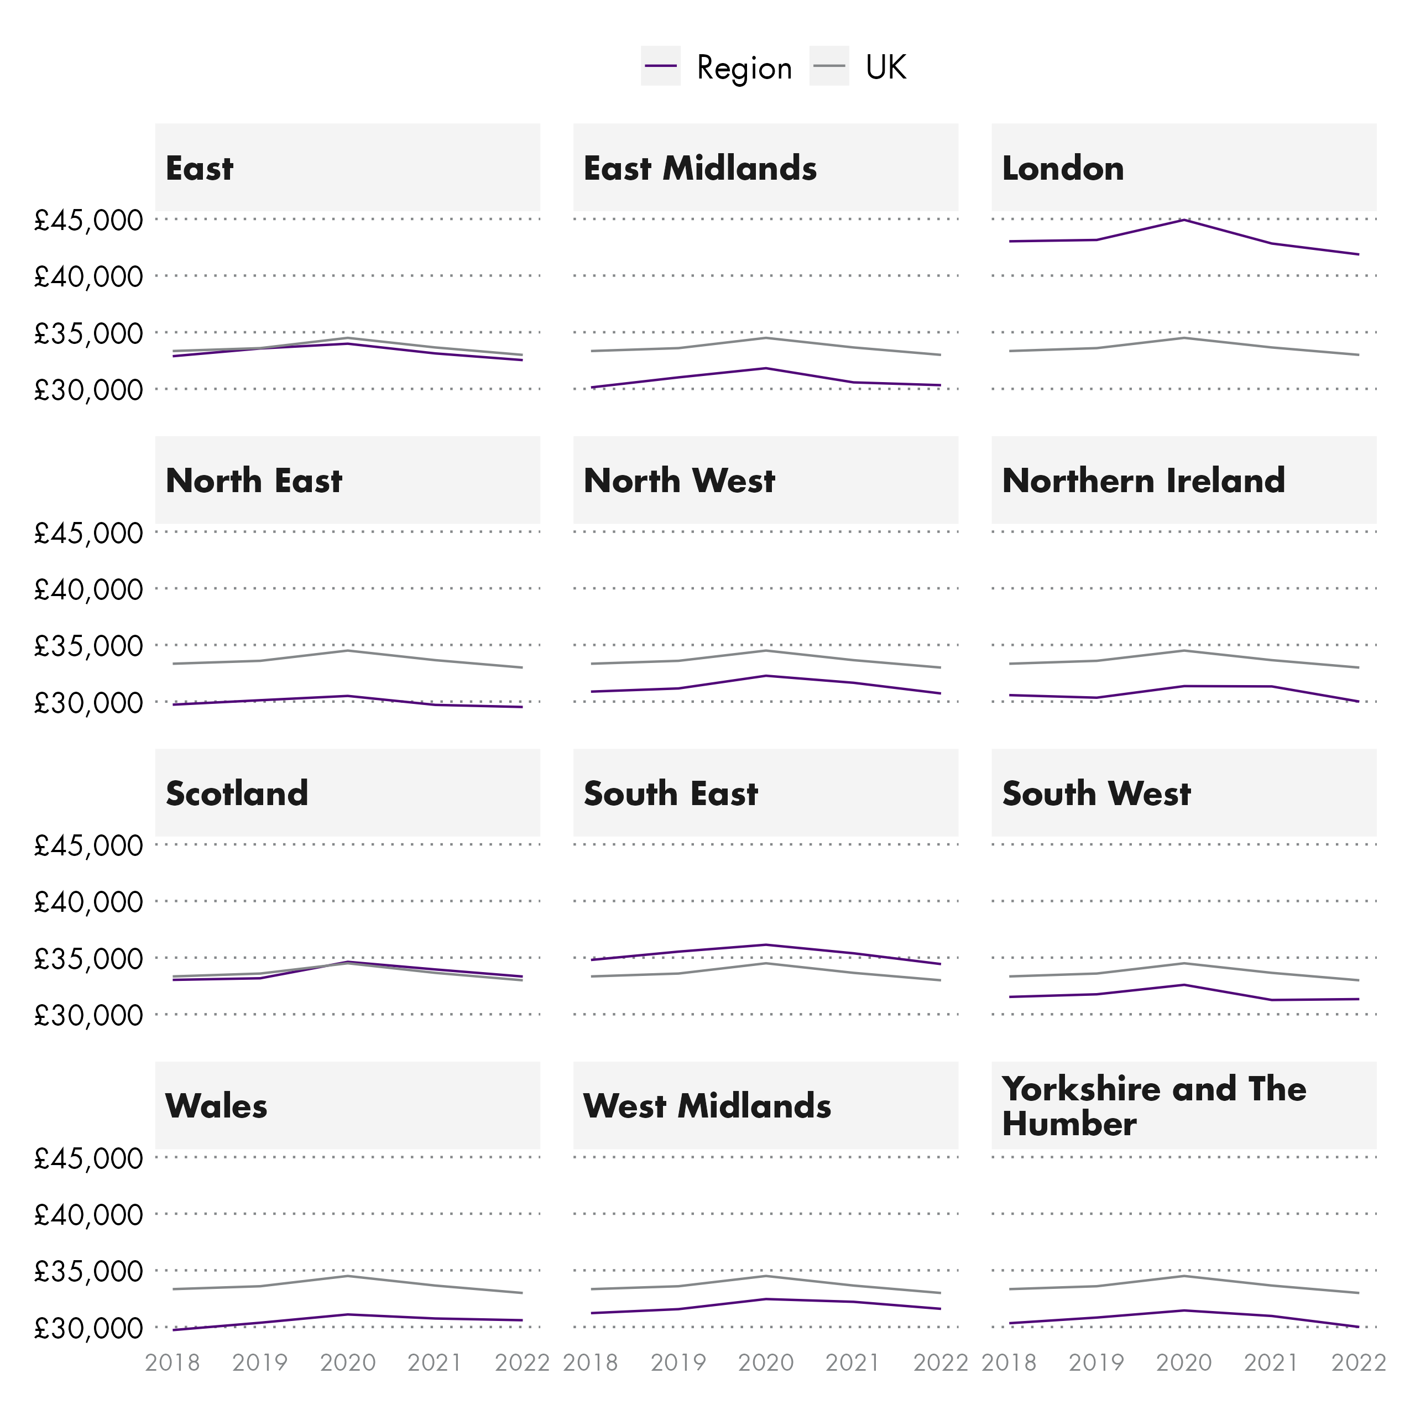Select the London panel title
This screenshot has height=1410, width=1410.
point(1063,168)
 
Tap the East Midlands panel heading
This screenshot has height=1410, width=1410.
point(700,168)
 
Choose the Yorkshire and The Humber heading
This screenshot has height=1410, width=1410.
point(1153,1106)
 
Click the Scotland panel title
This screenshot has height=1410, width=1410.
point(237,793)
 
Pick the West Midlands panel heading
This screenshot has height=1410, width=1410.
point(707,1106)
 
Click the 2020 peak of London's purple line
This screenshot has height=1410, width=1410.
point(1184,220)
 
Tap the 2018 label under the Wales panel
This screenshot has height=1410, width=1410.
point(172,1362)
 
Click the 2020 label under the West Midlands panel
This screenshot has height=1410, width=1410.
point(766,1362)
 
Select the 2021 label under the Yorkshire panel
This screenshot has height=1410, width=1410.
point(1271,1362)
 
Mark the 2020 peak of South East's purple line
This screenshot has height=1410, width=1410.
point(766,944)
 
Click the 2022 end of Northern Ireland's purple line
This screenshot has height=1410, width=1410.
point(1358,701)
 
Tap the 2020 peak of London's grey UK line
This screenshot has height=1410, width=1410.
point(1184,337)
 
